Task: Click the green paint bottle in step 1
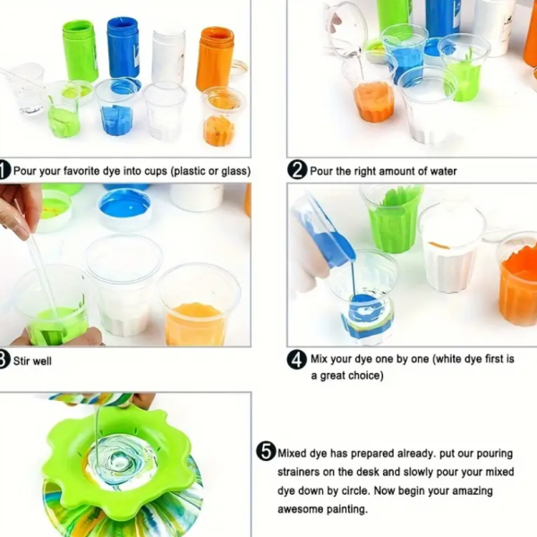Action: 80,51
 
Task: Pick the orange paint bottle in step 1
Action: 215,58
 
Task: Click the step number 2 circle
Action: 296,170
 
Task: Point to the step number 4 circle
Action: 296,360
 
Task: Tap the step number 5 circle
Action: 266,452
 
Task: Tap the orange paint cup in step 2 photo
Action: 373,101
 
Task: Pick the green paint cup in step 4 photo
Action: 392,219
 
